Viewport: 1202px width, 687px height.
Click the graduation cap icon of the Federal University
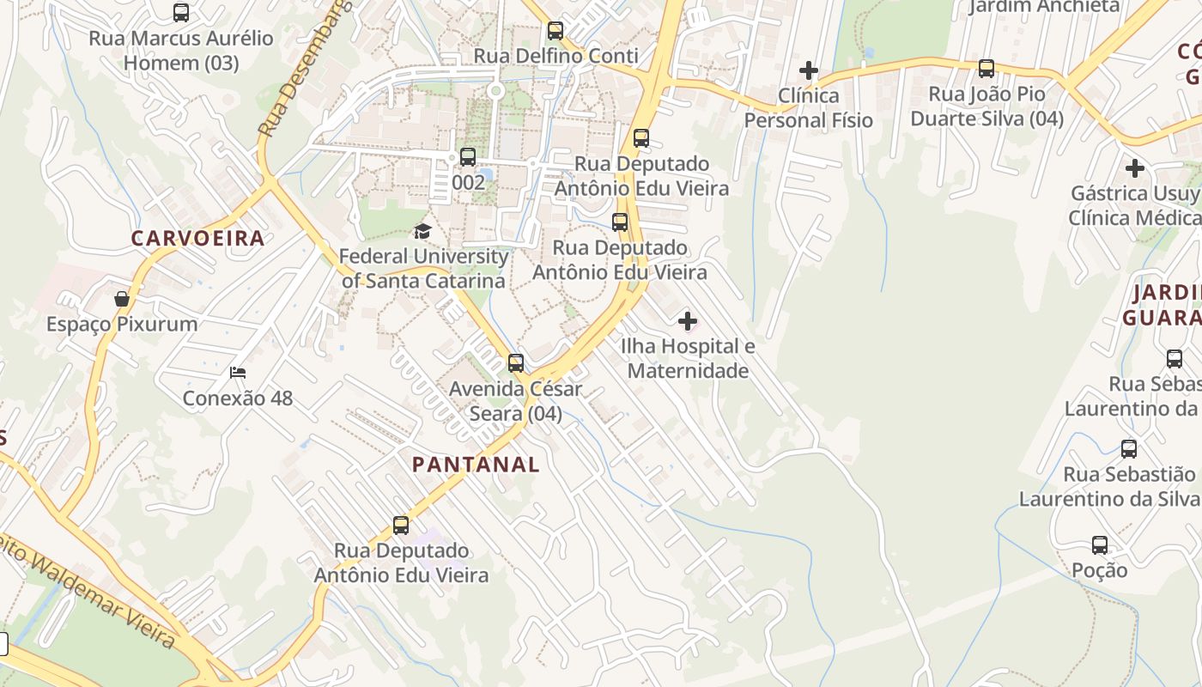422,231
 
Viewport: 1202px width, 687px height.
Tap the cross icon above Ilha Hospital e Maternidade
688,321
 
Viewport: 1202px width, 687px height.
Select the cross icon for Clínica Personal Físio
808,70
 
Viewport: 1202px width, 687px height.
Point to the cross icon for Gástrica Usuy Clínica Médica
1135,168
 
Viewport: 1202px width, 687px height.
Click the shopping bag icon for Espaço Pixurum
122,299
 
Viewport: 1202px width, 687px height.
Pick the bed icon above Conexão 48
238,373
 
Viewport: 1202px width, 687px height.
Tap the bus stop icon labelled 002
468,157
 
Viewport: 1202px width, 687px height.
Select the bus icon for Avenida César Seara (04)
516,363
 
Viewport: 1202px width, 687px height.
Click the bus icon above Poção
1100,544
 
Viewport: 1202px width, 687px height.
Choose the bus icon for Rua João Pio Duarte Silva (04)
986,69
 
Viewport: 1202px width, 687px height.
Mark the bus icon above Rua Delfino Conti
555,31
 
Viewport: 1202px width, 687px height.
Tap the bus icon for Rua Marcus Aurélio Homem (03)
181,13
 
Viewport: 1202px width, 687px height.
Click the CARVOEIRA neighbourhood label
197,239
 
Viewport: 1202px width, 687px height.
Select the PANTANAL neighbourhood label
476,465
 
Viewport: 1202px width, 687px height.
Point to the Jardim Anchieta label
1044,7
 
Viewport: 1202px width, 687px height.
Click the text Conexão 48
238,398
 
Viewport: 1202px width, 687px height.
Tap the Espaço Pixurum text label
122,325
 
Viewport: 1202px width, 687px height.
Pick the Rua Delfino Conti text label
556,57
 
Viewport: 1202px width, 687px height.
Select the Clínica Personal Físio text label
808,107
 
